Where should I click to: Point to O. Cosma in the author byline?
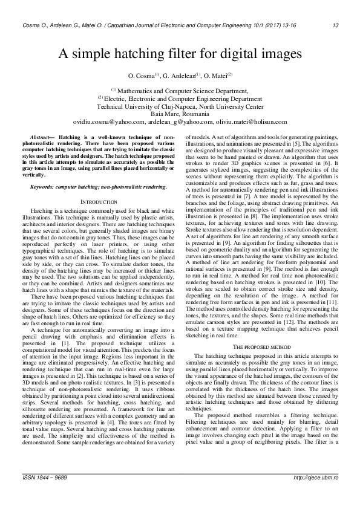point(143,76)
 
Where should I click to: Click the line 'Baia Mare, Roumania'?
point(180,114)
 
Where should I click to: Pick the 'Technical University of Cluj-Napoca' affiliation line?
point(180,106)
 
